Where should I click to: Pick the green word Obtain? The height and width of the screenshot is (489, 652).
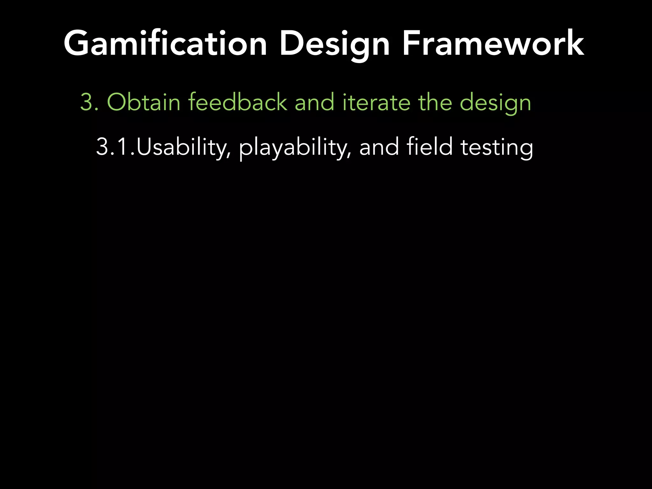click(x=144, y=102)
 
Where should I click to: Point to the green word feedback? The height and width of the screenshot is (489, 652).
click(x=237, y=102)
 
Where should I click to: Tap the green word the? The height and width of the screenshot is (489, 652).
click(x=435, y=102)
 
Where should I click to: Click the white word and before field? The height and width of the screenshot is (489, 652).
click(x=379, y=147)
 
